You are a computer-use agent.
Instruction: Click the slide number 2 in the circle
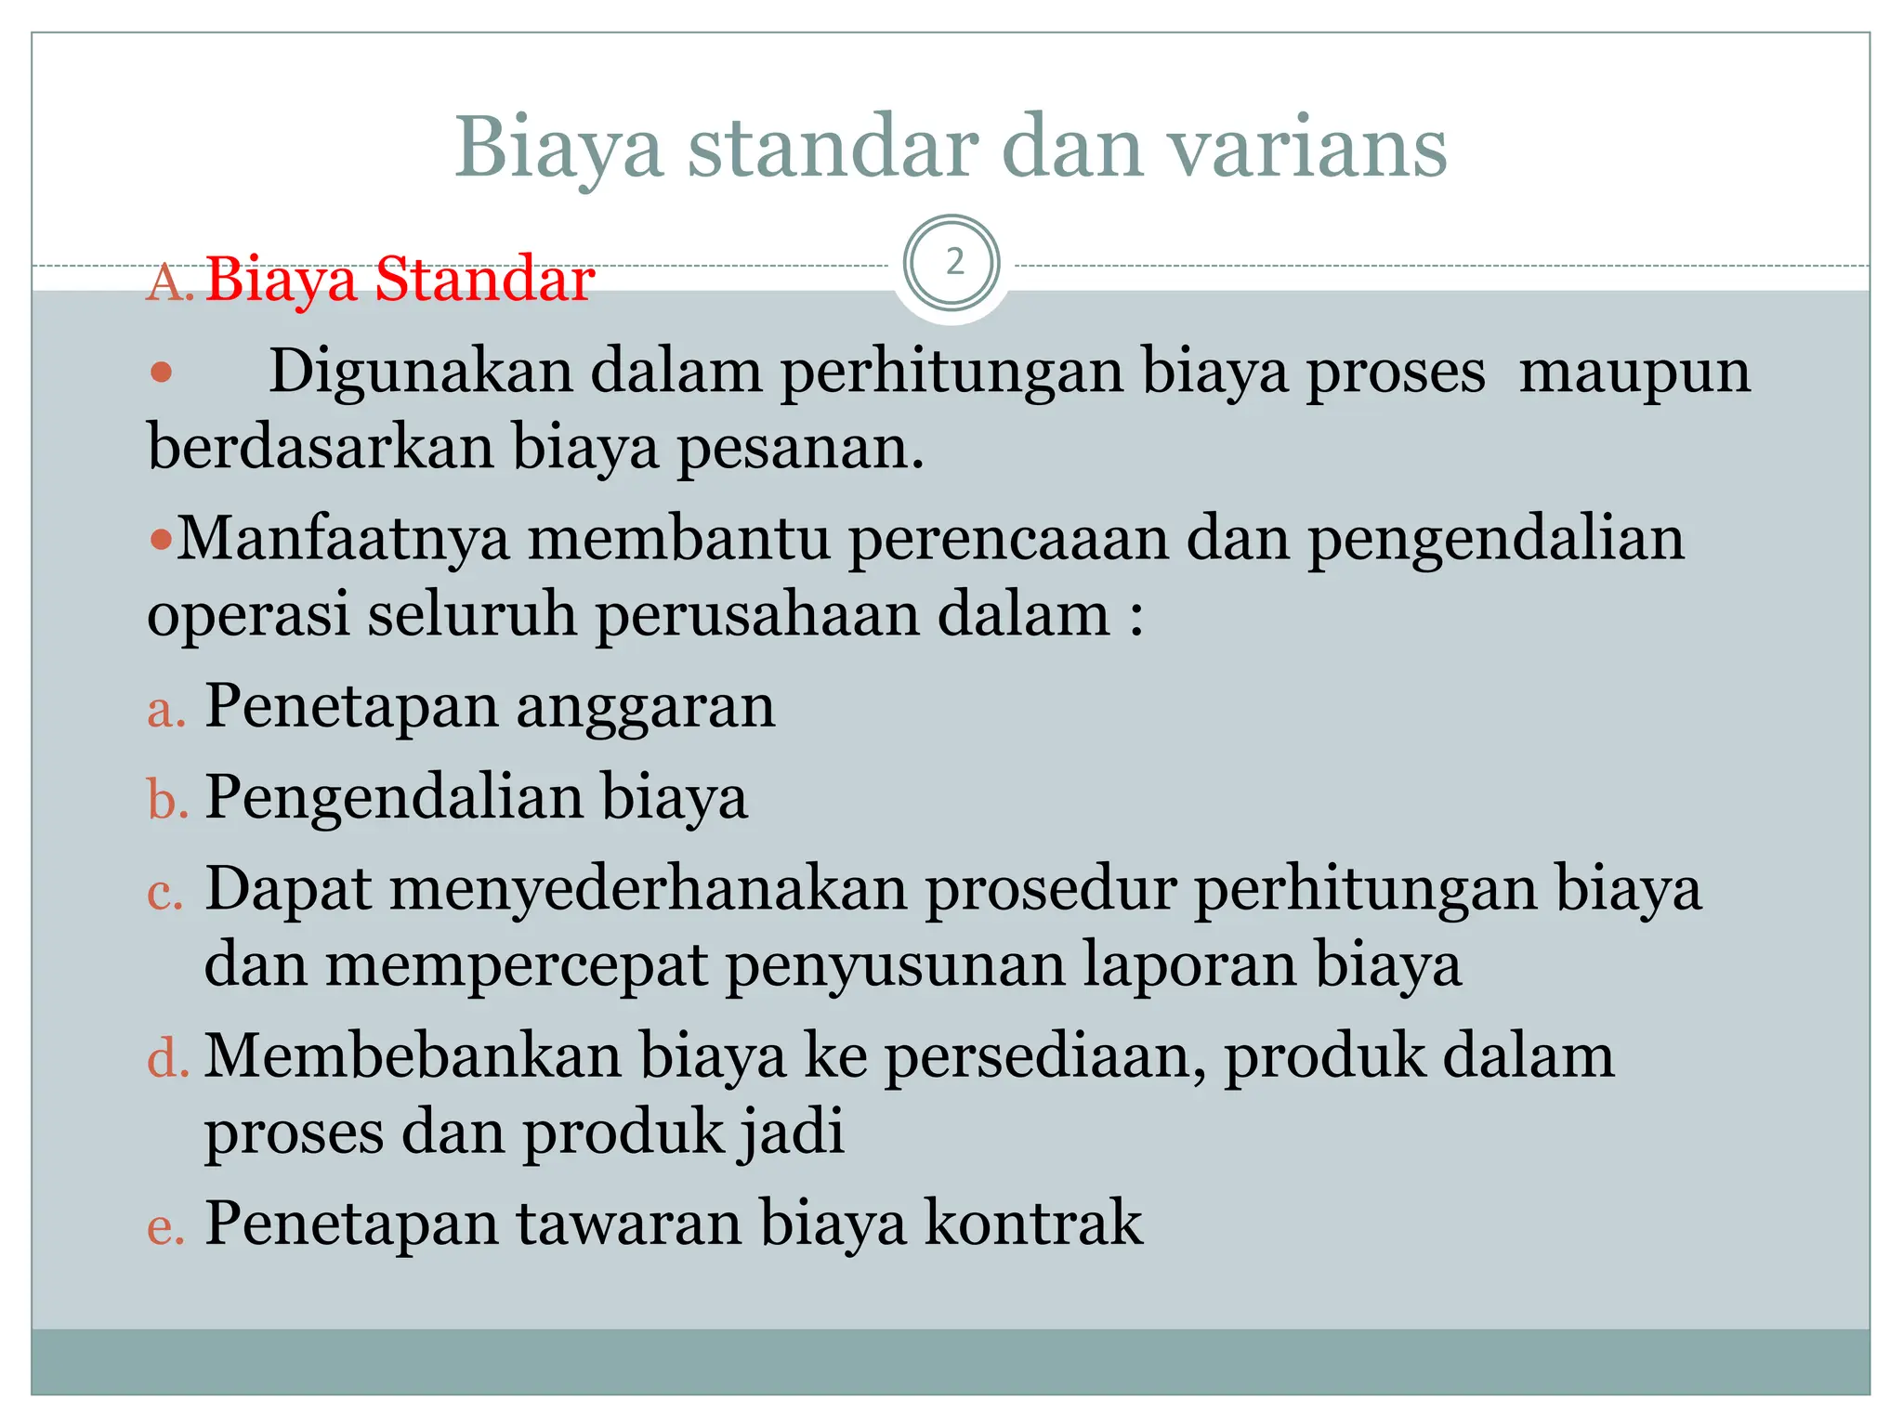point(954,264)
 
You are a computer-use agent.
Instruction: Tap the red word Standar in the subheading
point(484,279)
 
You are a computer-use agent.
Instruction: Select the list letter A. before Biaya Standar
point(169,281)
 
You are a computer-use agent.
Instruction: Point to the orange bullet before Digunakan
point(162,373)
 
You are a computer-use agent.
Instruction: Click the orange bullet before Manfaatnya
point(161,540)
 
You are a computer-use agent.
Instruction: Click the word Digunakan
point(422,372)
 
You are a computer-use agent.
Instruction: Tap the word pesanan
point(798,448)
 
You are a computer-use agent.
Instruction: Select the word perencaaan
point(1008,540)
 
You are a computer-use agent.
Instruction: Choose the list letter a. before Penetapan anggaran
point(166,711)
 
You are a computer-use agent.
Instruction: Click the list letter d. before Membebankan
point(168,1059)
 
